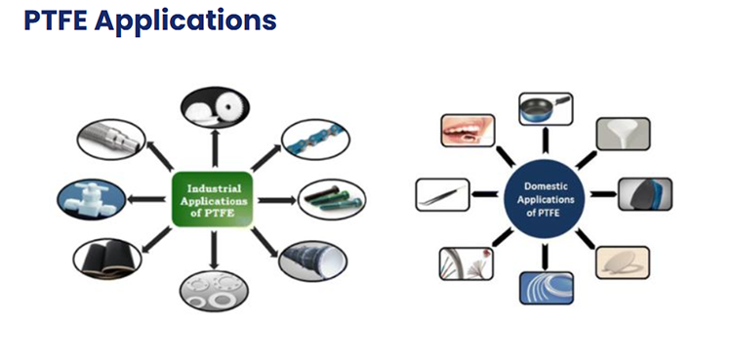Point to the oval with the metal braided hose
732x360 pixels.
pos(108,141)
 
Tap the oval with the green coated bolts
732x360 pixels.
pos(330,198)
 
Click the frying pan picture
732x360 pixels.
pos(545,107)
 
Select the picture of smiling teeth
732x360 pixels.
pos(468,131)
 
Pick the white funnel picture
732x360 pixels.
pos(623,134)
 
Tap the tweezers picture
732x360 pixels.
pos(443,195)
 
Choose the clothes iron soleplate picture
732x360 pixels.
pos(645,194)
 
